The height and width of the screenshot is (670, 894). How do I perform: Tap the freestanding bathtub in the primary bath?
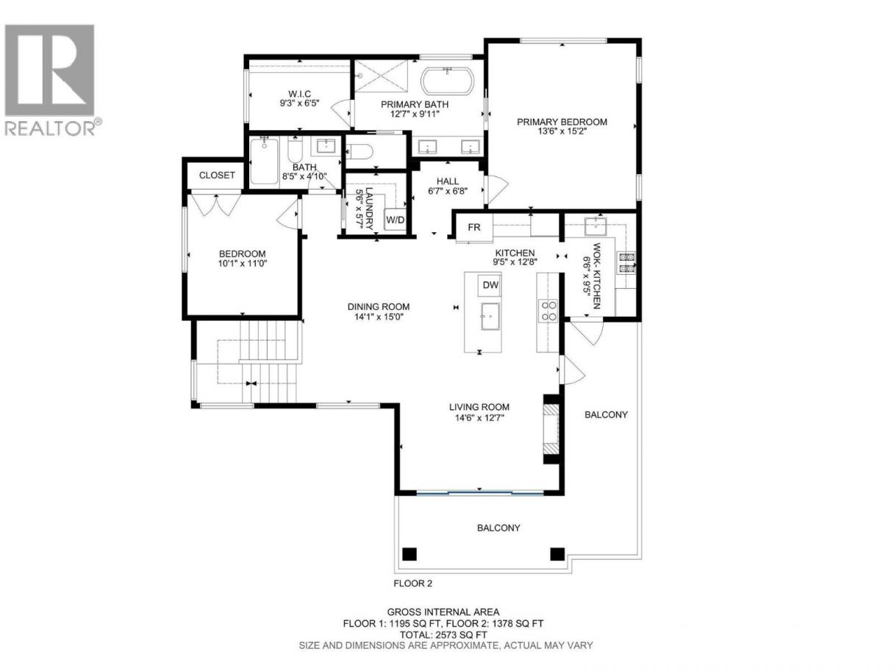[x=447, y=81]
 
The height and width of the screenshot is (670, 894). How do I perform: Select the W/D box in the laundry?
[x=395, y=220]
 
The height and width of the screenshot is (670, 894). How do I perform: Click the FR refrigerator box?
[x=474, y=228]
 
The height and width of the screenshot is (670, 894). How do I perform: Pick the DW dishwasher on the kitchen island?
[x=490, y=285]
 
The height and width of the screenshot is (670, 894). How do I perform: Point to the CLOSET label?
[x=217, y=176]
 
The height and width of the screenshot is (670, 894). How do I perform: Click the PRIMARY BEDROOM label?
[x=562, y=122]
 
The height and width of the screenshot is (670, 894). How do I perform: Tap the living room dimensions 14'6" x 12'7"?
[x=479, y=418]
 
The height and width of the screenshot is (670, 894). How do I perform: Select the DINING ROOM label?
[x=379, y=307]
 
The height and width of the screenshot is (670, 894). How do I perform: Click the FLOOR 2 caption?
[x=412, y=583]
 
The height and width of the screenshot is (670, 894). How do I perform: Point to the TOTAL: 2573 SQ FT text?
[x=443, y=634]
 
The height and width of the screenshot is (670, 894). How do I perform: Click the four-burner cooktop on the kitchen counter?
[x=548, y=311]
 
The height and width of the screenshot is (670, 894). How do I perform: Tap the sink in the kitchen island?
[x=490, y=316]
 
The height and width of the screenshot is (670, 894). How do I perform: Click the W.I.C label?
[x=299, y=94]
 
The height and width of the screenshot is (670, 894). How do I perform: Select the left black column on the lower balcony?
[x=410, y=554]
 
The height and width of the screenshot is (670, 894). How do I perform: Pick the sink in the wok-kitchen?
[x=596, y=226]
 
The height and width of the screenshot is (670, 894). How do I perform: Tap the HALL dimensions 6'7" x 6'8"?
[x=447, y=190]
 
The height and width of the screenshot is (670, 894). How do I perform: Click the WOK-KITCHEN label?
[x=597, y=275]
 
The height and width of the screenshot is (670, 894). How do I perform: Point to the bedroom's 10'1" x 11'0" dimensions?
[x=243, y=263]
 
